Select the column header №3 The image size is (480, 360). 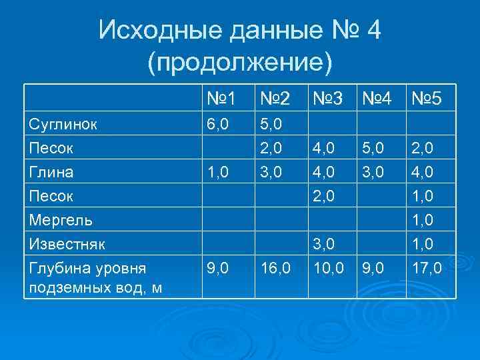[x=327, y=100]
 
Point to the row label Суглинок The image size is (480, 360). [x=62, y=124]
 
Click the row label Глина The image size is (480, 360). [x=51, y=172]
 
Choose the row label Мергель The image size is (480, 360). [x=61, y=219]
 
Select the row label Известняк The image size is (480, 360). [x=67, y=243]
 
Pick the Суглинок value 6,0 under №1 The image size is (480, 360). [x=217, y=124]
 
